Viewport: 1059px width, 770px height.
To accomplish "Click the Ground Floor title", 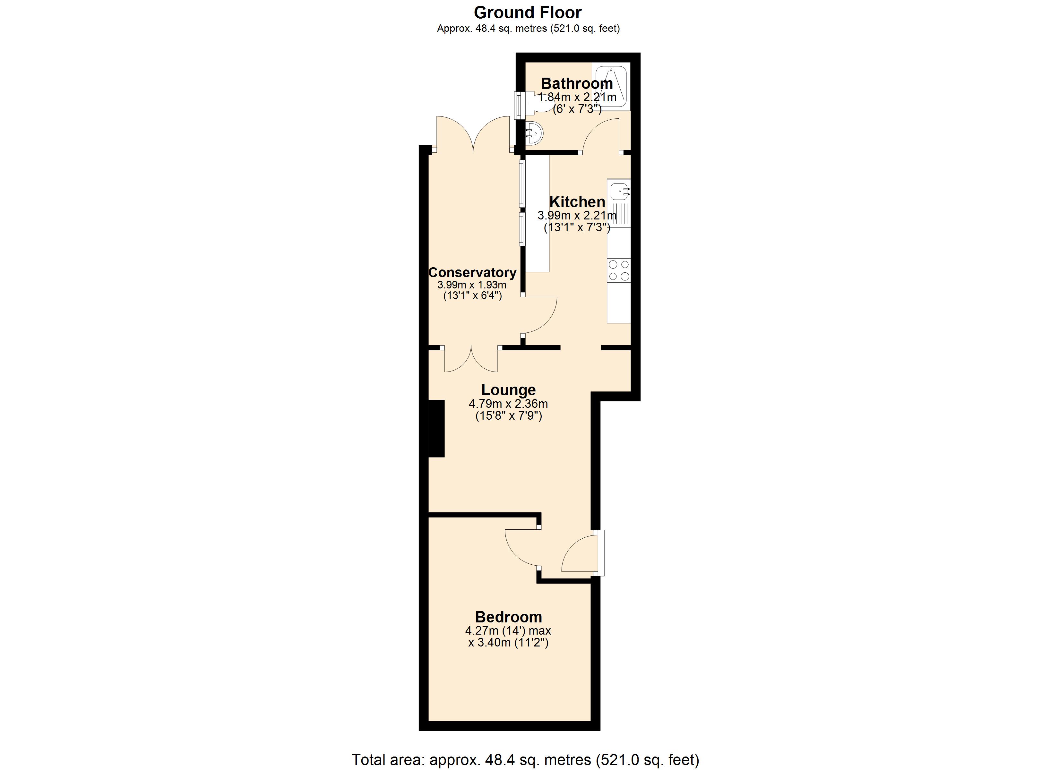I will (528, 13).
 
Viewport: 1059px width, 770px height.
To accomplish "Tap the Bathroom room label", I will (577, 84).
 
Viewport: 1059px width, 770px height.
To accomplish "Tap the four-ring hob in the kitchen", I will (619, 270).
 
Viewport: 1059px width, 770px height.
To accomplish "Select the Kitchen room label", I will (577, 202).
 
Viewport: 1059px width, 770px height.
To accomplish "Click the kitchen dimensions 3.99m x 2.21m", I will (577, 216).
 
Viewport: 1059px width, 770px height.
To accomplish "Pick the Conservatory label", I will (472, 272).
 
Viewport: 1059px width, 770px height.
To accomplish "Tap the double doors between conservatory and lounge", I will (471, 361).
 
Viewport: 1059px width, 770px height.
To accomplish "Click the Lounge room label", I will (509, 390).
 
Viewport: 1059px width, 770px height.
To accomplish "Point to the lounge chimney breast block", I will (436, 428).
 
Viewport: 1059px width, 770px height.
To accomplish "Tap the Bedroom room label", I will (509, 617).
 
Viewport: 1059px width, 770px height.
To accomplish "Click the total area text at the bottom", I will (525, 760).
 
